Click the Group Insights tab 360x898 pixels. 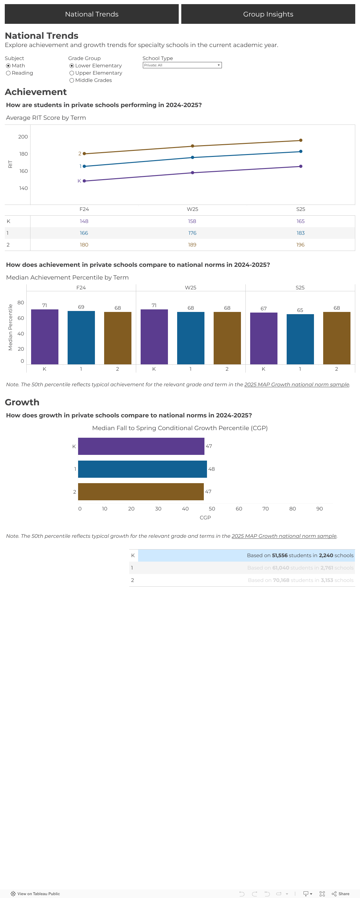click(268, 14)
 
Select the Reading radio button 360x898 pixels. click(8, 73)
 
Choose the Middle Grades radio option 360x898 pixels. click(72, 80)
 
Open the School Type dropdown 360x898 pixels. click(182, 65)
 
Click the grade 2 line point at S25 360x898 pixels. click(301, 140)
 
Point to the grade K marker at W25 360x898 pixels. click(192, 172)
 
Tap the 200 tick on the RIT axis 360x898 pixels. click(23, 137)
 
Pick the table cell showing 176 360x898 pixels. click(192, 233)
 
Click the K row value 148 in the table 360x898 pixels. click(84, 221)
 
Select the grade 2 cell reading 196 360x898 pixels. click(300, 245)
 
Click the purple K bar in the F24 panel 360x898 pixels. click(45, 337)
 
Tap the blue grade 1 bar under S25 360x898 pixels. click(300, 339)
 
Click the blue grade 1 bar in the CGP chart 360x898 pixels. click(142, 469)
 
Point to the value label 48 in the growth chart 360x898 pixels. click(211, 469)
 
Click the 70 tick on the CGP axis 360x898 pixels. click(266, 509)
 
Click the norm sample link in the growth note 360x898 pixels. click(284, 536)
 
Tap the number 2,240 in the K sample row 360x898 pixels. click(326, 555)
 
